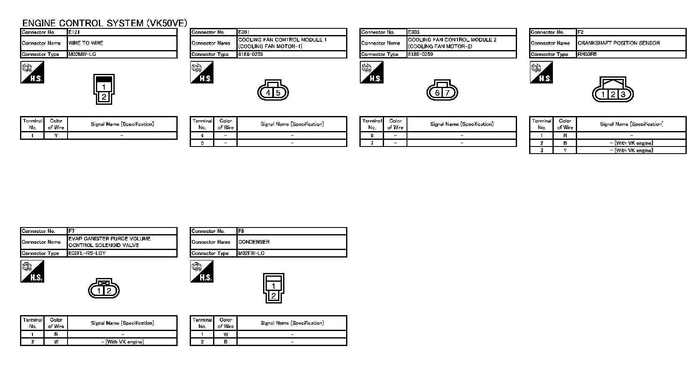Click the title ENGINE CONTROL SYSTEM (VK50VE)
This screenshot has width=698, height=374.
(x=104, y=23)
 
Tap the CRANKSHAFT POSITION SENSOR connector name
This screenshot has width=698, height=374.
(x=619, y=43)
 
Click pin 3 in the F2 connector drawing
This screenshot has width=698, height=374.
(x=623, y=94)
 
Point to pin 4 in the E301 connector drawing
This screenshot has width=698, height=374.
(x=269, y=93)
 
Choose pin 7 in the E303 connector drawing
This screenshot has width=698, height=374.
(x=447, y=93)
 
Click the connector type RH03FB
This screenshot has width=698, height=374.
(x=587, y=54)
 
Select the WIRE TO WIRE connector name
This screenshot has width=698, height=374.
(x=86, y=43)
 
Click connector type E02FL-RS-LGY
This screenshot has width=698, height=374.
(x=87, y=253)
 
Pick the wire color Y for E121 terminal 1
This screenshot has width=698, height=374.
(x=56, y=136)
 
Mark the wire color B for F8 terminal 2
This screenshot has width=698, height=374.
(x=226, y=342)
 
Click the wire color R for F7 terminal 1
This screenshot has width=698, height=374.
(x=56, y=334)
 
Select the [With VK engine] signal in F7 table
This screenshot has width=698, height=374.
(x=123, y=342)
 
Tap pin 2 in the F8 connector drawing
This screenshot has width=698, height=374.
(x=274, y=296)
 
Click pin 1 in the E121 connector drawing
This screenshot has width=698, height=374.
(x=104, y=87)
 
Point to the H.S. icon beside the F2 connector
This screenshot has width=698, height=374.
(x=541, y=72)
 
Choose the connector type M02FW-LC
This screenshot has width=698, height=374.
(x=251, y=253)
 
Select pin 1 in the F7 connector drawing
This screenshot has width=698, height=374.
(x=99, y=291)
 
